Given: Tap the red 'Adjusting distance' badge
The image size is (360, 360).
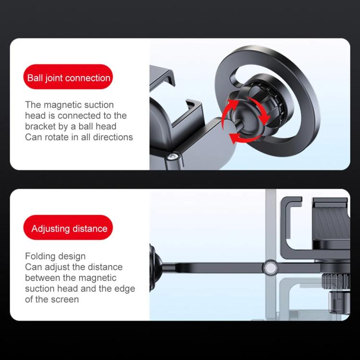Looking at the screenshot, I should [69, 228].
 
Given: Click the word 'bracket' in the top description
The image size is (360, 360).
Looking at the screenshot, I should [40, 126].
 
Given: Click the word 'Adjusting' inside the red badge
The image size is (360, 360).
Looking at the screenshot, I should [51, 228].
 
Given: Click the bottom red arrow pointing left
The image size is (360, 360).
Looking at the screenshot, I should [240, 138].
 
